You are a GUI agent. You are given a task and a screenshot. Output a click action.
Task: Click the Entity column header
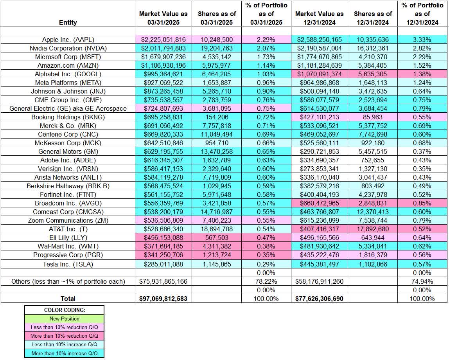[68, 22]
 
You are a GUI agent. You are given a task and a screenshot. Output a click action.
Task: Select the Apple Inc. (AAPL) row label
[68, 40]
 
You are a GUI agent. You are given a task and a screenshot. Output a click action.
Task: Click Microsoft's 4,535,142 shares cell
[217, 57]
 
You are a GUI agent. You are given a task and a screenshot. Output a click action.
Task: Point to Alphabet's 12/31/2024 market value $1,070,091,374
[319, 74]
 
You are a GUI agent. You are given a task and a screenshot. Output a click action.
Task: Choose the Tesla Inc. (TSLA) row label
[68, 264]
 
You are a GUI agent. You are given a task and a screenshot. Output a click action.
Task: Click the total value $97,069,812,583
[163, 299]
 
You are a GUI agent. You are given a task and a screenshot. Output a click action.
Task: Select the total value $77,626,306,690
[319, 299]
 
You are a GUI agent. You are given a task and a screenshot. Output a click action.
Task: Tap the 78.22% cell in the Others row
[266, 281]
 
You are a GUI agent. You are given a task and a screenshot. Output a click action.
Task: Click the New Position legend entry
[65, 319]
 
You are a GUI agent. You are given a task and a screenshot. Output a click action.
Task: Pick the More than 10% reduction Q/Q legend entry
[65, 336]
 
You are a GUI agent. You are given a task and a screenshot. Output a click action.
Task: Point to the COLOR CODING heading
[65, 310]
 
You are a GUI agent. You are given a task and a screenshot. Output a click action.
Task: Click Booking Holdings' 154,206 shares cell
[217, 117]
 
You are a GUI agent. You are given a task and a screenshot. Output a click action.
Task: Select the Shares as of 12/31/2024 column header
[373, 18]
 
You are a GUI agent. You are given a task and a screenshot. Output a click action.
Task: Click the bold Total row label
[68, 299]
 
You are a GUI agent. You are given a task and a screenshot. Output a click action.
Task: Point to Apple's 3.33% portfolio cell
[422, 40]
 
